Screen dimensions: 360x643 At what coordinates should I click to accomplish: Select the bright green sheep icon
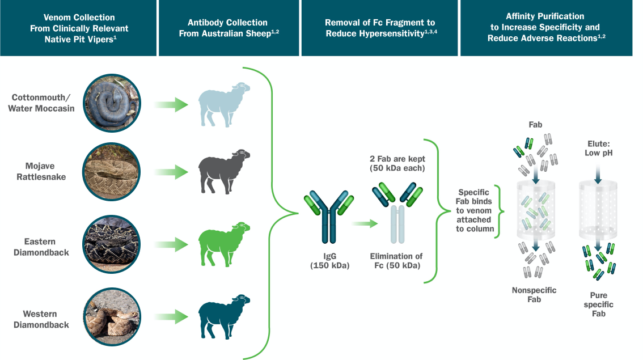223,244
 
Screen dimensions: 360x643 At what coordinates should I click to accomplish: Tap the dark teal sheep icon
223,316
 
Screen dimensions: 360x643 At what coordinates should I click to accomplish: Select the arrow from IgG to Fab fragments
364,224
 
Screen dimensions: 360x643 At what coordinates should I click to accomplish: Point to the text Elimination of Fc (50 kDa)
396,261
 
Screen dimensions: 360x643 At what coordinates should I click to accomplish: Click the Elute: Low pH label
598,149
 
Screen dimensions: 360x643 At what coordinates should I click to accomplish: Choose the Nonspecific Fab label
534,295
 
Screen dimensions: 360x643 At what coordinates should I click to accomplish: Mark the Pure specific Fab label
598,304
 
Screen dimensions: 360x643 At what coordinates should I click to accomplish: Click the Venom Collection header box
78,28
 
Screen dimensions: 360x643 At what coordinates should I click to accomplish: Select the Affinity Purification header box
545,28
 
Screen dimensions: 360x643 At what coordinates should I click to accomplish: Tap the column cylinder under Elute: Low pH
598,210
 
